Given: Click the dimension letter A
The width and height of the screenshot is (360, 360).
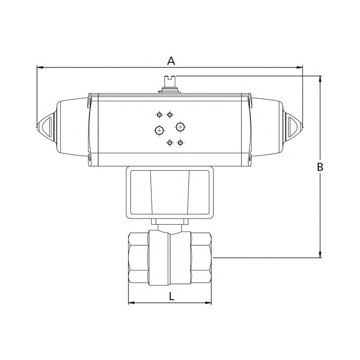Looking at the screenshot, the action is click(x=171, y=61).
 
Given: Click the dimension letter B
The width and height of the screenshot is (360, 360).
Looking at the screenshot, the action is click(x=320, y=167).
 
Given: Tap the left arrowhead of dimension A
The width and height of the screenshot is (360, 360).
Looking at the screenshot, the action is click(x=40, y=67).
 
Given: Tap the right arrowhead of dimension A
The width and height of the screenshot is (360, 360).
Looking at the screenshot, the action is click(x=299, y=67).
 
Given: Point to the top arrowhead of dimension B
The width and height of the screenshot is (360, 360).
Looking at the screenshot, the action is click(x=320, y=79).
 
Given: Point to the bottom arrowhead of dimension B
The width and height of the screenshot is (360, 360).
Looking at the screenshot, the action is click(x=320, y=255).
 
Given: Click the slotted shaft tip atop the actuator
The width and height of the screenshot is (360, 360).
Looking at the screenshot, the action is click(x=170, y=81).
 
